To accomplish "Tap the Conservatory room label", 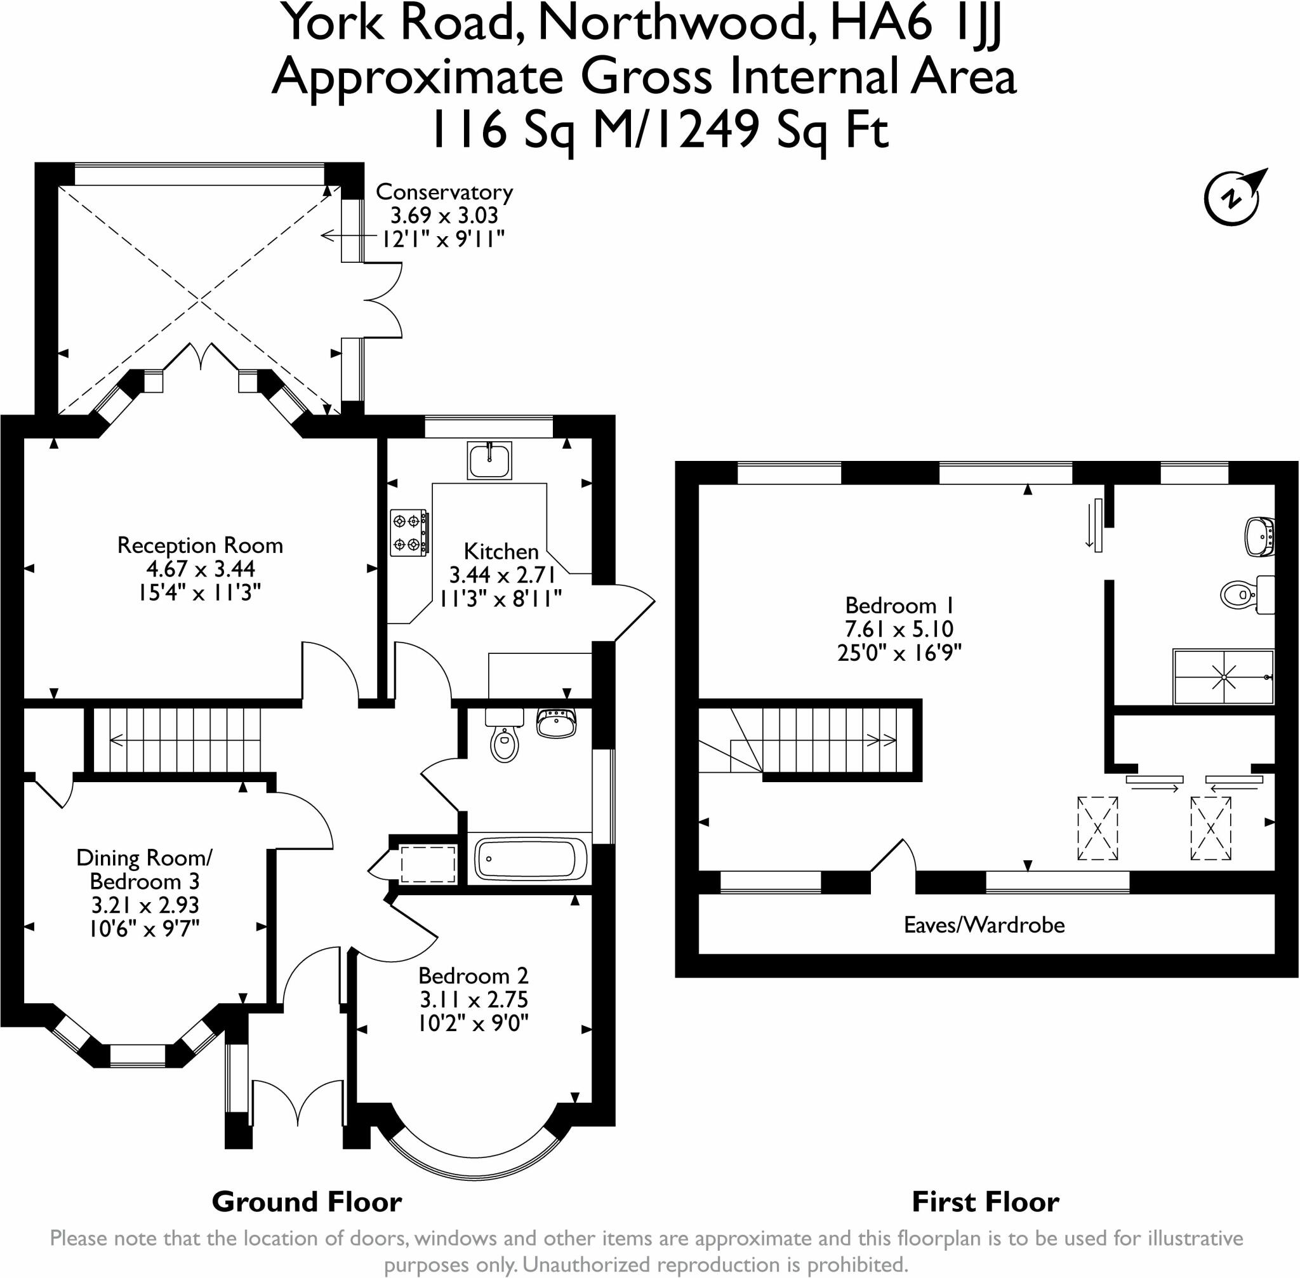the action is coord(444,192).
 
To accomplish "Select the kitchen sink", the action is coord(489,460).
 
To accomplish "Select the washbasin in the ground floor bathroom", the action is coord(557,724).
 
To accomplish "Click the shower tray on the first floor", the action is coord(1223,677).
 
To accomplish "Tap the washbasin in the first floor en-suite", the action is coord(1260,536).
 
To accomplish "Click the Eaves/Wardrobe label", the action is coord(984,926).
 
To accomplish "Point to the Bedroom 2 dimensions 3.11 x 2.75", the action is coord(474,1000).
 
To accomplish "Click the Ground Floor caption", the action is coord(307,1202).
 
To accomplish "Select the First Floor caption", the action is coord(985,1202).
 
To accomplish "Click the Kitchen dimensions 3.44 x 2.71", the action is coord(502,575).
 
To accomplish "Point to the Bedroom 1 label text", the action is coord(899,606).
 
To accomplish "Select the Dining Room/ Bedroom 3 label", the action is coord(144,869).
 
